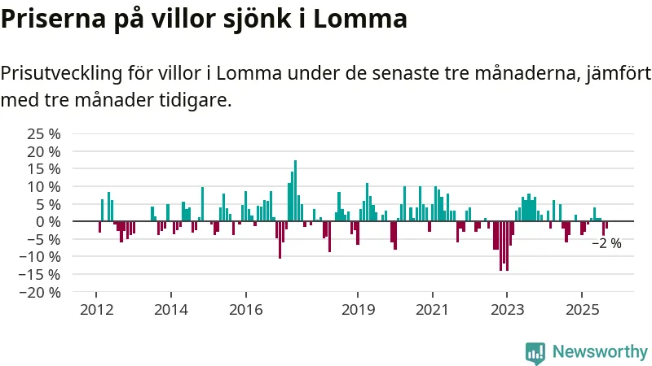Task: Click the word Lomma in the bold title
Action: click(365, 18)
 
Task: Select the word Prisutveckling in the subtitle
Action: click(62, 74)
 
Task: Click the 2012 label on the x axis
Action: click(96, 309)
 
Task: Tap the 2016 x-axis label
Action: click(245, 309)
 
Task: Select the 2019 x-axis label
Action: click(358, 309)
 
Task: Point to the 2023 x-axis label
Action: click(507, 309)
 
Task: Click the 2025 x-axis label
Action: click(581, 309)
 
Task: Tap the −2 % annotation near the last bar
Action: click(606, 243)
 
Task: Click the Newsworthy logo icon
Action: click(535, 352)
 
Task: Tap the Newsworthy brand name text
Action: click(600, 352)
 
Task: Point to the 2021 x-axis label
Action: click(432, 309)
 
